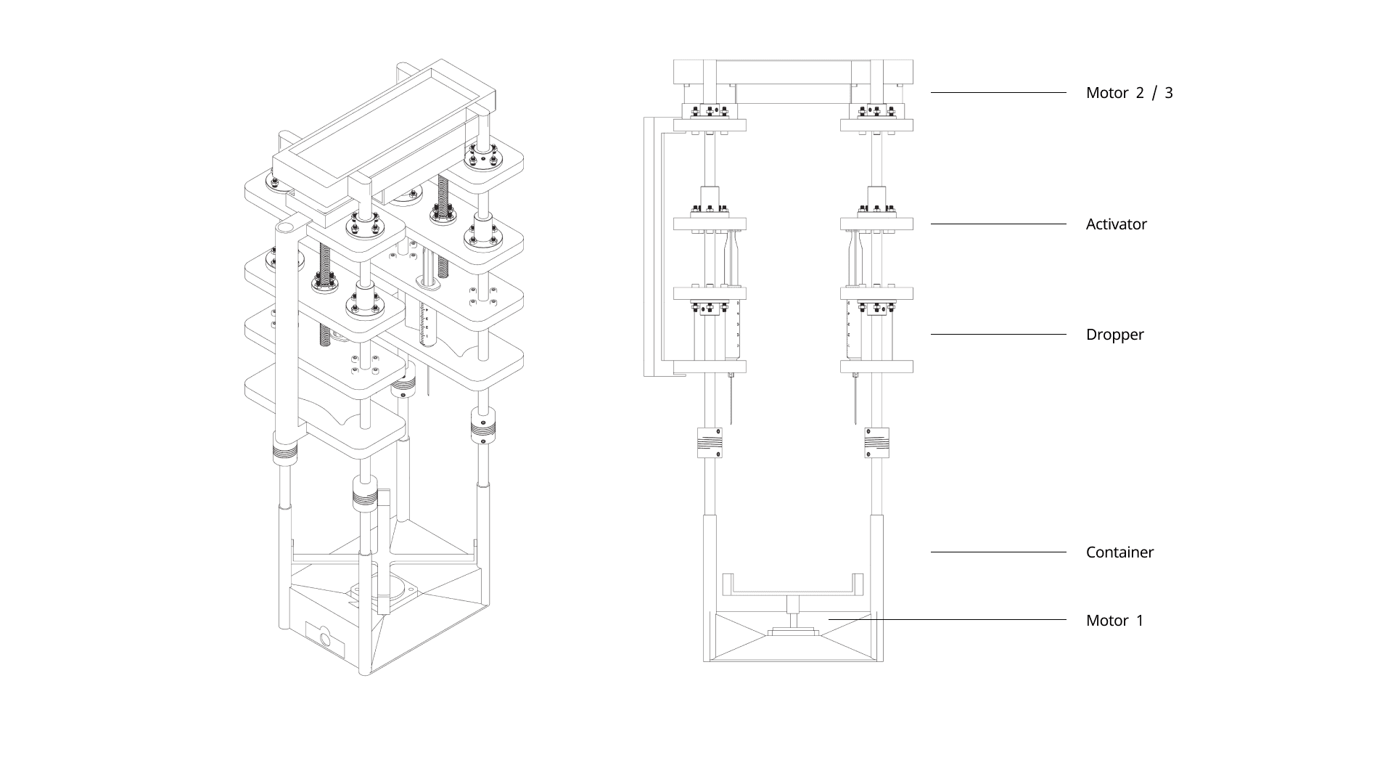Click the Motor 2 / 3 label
pyautogui.click(x=1129, y=93)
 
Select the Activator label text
pyautogui.click(x=1116, y=224)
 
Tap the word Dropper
pyautogui.click(x=1114, y=335)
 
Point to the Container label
pyautogui.click(x=1119, y=552)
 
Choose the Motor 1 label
pyautogui.click(x=1114, y=621)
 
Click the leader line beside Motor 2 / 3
pyautogui.click(x=998, y=93)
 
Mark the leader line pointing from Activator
pyautogui.click(x=998, y=224)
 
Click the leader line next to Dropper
pyautogui.click(x=998, y=335)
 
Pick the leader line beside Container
pyautogui.click(x=998, y=552)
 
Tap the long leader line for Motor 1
pyautogui.click(x=947, y=620)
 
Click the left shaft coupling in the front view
pyautogui.click(x=710, y=443)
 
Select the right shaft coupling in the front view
pyautogui.click(x=876, y=443)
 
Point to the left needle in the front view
pyautogui.click(x=731, y=399)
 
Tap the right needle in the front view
pyautogui.click(x=856, y=399)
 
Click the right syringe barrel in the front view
pyautogui.click(x=855, y=330)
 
